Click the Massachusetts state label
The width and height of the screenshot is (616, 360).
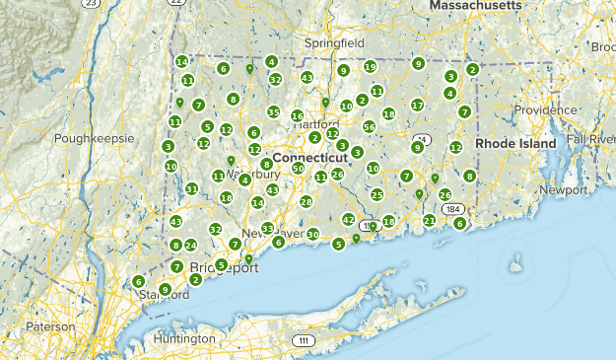475,6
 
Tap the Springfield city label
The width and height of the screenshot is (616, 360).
334,44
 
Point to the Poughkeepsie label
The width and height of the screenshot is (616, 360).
94,139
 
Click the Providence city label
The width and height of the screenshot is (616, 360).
544,110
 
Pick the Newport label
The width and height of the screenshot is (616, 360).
563,188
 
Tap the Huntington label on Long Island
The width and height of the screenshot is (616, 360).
184,338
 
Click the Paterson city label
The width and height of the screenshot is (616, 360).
49,326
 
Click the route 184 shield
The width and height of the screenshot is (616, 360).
452,210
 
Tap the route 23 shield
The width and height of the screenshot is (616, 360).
93,5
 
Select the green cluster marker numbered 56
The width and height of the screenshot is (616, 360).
370,126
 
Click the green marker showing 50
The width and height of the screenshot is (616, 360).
298,169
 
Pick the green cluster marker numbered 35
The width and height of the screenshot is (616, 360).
273,112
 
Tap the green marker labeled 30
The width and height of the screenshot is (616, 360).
312,234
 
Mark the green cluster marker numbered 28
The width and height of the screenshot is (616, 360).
306,201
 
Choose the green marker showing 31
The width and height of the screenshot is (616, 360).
191,188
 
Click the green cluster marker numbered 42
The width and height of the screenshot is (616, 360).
348,219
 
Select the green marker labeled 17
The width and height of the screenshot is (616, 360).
417,105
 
